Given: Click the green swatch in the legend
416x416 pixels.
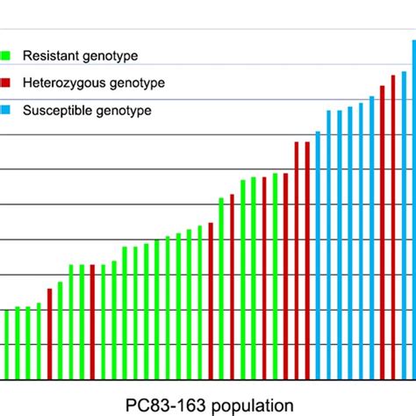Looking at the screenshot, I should (x=7, y=55).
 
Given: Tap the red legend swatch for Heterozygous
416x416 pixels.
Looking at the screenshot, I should (x=7, y=83).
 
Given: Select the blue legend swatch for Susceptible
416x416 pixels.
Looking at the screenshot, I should (x=7, y=111).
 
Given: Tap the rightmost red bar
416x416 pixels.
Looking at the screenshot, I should (x=392, y=228).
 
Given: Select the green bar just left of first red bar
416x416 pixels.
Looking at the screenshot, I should (x=39, y=342).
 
